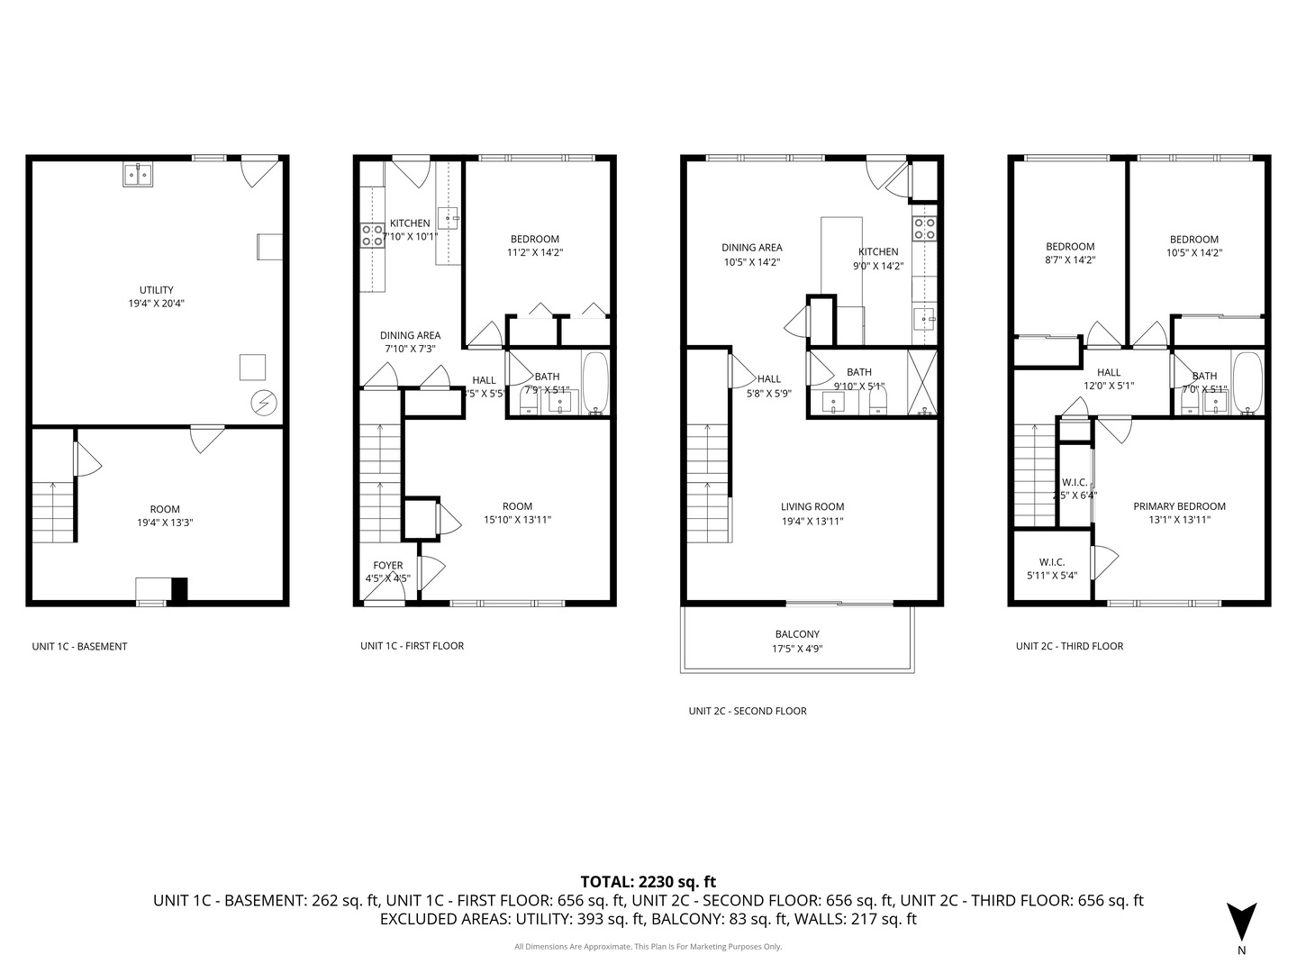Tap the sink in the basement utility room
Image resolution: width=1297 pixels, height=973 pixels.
[137, 175]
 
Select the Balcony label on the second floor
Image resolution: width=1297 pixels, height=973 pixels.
[797, 634]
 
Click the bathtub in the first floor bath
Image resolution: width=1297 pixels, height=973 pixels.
[595, 382]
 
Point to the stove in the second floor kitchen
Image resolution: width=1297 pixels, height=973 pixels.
[925, 229]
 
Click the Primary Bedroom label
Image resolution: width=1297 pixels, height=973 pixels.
[1179, 506]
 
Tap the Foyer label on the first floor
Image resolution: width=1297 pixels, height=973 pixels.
[388, 566]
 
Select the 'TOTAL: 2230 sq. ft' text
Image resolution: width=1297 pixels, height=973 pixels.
[648, 882]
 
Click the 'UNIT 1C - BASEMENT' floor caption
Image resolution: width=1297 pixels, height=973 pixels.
[79, 646]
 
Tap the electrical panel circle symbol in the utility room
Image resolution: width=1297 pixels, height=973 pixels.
[264, 403]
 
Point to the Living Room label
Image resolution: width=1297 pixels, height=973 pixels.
[812, 506]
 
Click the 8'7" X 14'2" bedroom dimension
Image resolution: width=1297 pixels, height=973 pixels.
[1070, 259]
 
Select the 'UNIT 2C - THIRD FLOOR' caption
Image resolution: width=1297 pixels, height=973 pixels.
[1069, 646]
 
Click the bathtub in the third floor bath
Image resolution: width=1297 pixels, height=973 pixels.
[1247, 383]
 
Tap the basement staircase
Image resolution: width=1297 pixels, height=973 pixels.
[52, 512]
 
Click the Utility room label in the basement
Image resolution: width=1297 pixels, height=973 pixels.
[157, 290]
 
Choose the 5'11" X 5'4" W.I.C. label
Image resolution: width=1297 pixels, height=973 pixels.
[1052, 575]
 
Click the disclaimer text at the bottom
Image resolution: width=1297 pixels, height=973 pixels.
[648, 947]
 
